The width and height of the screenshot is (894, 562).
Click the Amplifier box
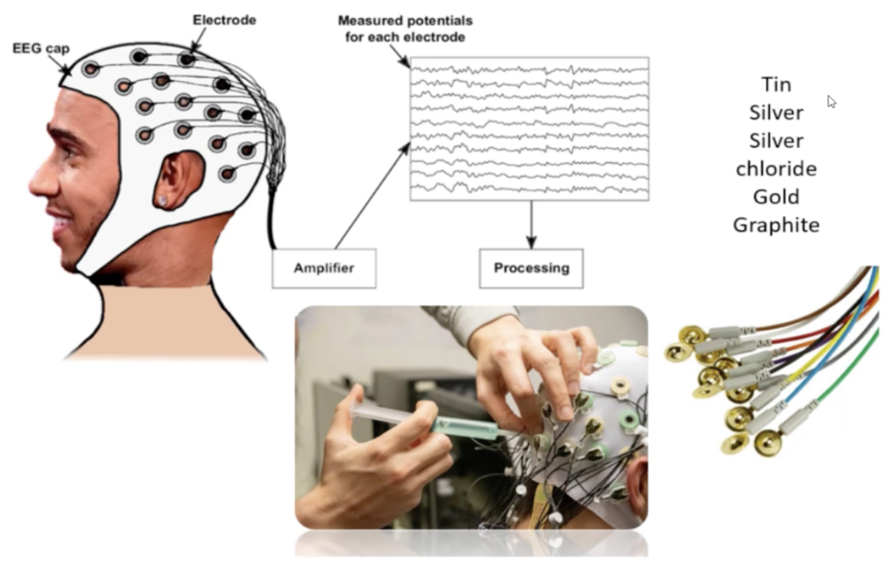tap(324, 268)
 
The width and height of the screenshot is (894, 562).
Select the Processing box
tap(531, 268)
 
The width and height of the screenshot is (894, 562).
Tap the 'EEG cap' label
tap(40, 48)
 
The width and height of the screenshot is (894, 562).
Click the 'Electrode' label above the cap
tap(224, 20)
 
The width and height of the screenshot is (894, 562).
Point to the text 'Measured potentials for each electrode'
tap(405, 29)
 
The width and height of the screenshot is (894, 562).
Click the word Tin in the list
tap(776, 85)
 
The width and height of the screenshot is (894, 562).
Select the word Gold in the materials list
tap(776, 197)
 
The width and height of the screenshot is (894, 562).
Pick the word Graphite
tap(776, 225)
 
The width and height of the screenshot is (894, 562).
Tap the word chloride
tap(776, 169)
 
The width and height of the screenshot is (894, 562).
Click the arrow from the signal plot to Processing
tap(531, 224)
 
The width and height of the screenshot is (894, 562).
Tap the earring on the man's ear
tap(163, 199)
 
